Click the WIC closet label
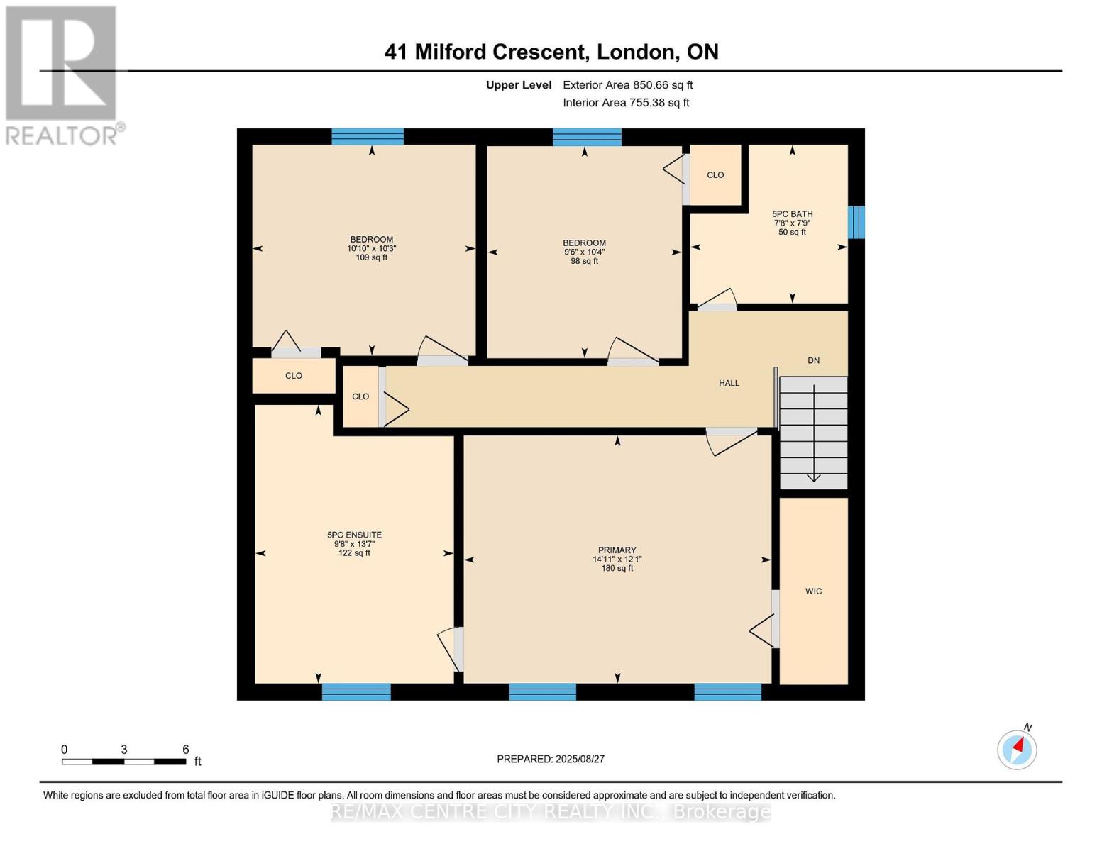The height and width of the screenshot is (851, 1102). pyautogui.click(x=813, y=591)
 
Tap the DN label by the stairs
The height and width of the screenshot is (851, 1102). pyautogui.click(x=813, y=360)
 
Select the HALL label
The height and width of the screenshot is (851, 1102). pyautogui.click(x=729, y=383)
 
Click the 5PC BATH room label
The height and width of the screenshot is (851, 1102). pyautogui.click(x=792, y=214)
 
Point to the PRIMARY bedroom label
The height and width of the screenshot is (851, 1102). pyautogui.click(x=617, y=550)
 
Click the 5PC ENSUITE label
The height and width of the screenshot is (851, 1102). pyautogui.click(x=354, y=535)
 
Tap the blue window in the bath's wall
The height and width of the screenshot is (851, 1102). pyautogui.click(x=856, y=222)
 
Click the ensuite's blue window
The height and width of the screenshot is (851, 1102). pyautogui.click(x=356, y=692)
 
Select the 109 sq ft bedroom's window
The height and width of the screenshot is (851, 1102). pyautogui.click(x=368, y=136)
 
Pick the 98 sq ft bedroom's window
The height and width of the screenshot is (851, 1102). pyautogui.click(x=587, y=137)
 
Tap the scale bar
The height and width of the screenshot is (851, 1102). pyautogui.click(x=123, y=762)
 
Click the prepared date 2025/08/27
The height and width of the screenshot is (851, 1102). pyautogui.click(x=580, y=759)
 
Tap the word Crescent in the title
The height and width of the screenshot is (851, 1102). pyautogui.click(x=541, y=52)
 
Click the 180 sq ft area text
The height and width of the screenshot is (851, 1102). pyautogui.click(x=617, y=568)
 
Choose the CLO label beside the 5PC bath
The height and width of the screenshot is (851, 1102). pyautogui.click(x=715, y=175)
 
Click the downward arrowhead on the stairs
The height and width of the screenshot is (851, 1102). pyautogui.click(x=813, y=477)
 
